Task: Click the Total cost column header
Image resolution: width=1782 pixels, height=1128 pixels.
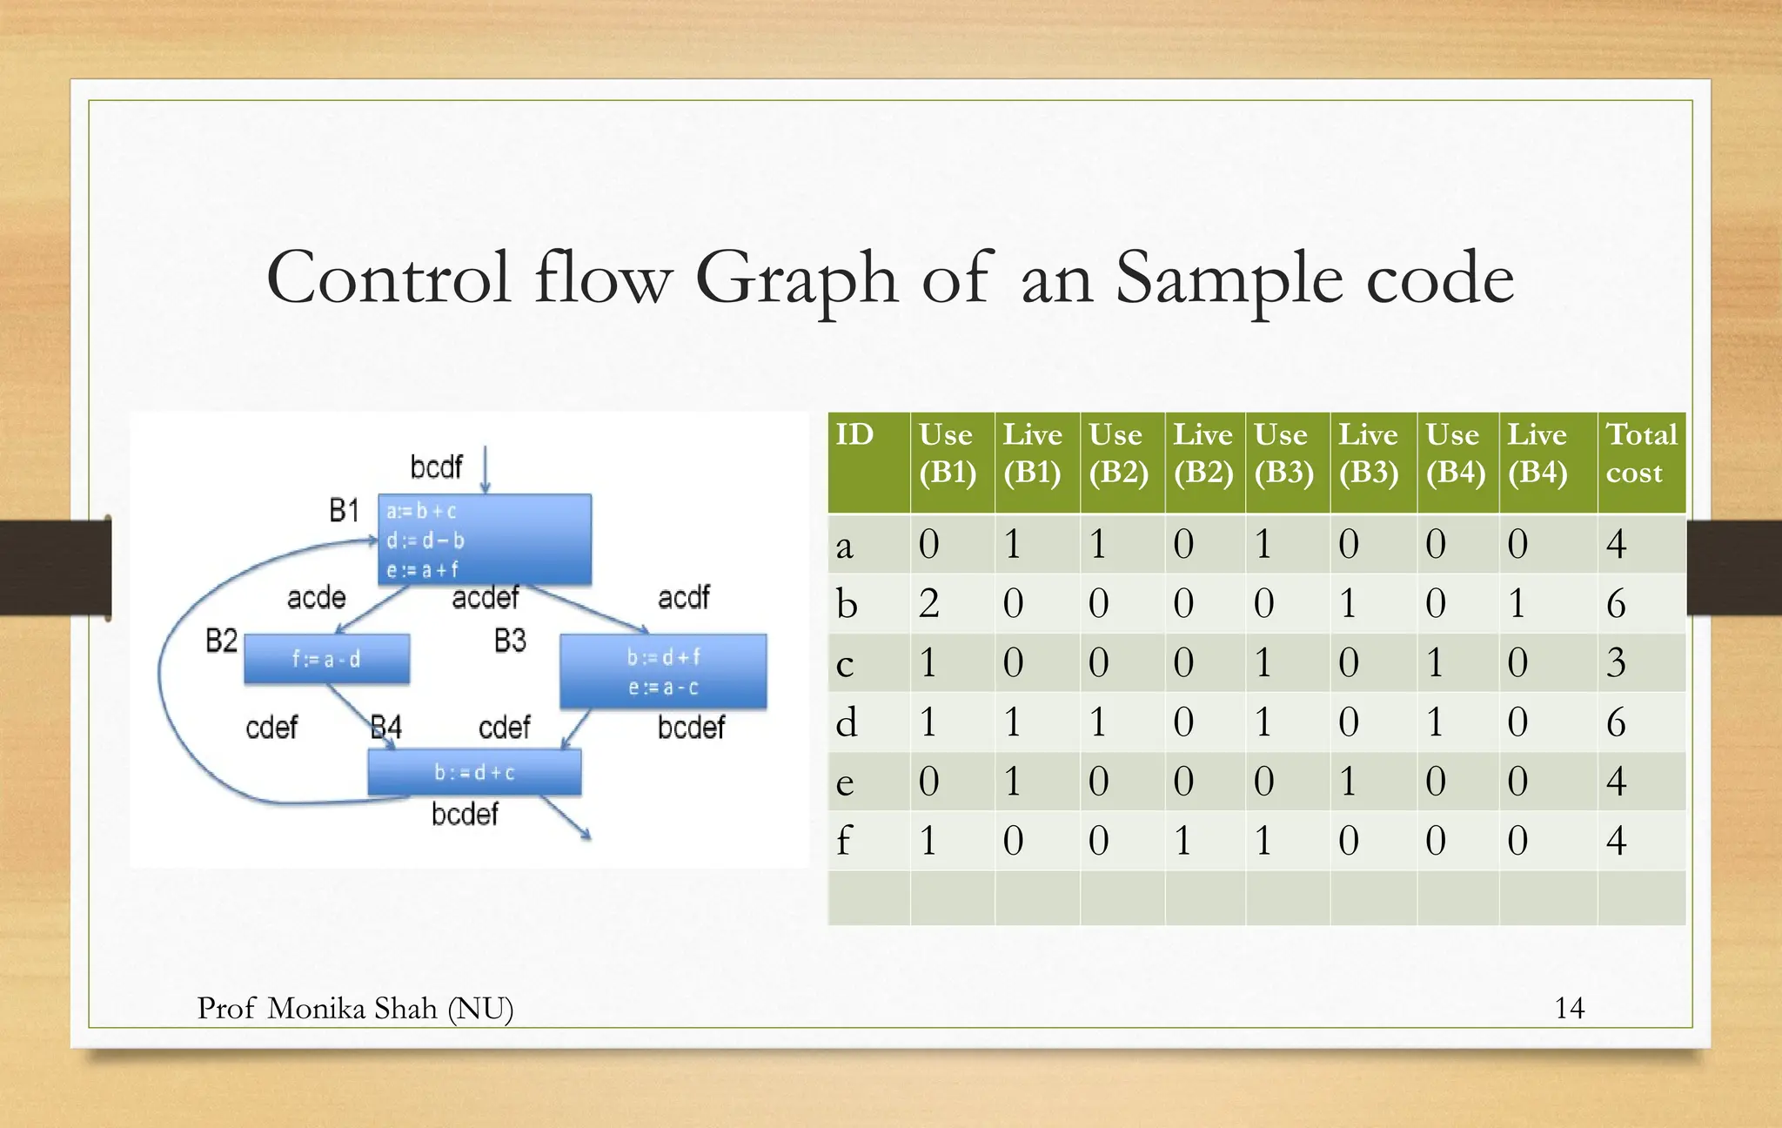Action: pyautogui.click(x=1640, y=453)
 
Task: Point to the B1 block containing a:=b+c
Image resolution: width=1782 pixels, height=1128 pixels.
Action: pyautogui.click(x=485, y=540)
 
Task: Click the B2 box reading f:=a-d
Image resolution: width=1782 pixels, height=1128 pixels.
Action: pyautogui.click(x=326, y=659)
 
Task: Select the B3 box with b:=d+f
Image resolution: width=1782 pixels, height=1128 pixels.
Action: pyautogui.click(x=663, y=671)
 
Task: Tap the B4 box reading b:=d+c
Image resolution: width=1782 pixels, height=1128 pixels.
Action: pyautogui.click(x=474, y=772)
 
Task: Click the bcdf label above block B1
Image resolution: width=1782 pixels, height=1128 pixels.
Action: pyautogui.click(x=436, y=467)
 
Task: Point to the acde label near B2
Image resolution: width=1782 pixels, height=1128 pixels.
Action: pyautogui.click(x=316, y=598)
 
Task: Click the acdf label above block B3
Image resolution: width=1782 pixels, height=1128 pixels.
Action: pyautogui.click(x=683, y=598)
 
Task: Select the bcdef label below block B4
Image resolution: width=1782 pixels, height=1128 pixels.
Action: pyautogui.click(x=465, y=815)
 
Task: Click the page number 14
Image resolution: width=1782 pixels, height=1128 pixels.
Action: pyautogui.click(x=1569, y=1008)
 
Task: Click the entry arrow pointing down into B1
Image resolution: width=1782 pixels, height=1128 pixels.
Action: pyautogui.click(x=486, y=471)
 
